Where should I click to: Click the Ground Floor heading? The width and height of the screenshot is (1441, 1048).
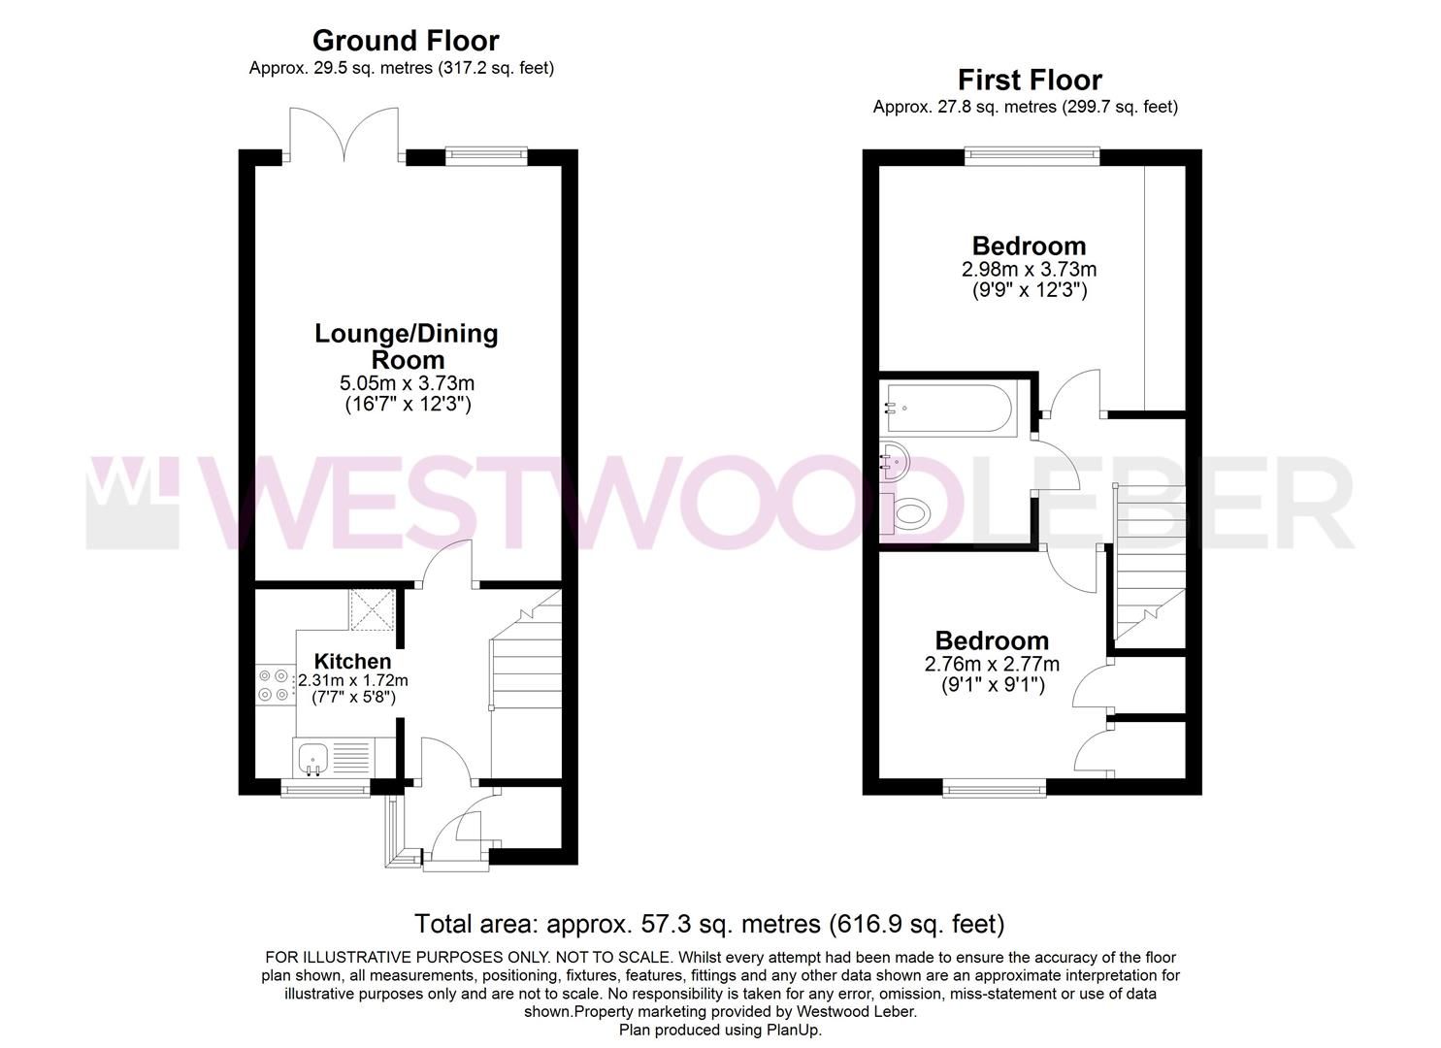[x=405, y=41]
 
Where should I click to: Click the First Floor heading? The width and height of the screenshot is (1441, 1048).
[x=1030, y=80]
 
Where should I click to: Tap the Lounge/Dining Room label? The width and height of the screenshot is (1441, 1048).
[x=407, y=345]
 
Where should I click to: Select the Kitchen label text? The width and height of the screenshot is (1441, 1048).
[x=352, y=661]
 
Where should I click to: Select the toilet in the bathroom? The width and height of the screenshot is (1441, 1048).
[x=910, y=512]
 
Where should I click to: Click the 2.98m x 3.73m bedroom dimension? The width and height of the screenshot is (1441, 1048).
[x=1029, y=269]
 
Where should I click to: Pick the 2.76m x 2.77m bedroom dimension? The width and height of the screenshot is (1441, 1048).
[x=992, y=665]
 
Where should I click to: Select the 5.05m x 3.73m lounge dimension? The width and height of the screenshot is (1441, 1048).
[x=407, y=383]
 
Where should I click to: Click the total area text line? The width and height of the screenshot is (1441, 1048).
[x=709, y=923]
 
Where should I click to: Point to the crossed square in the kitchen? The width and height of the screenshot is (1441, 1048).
[x=372, y=608]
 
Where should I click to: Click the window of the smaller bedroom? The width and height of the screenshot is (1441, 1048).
[x=994, y=788]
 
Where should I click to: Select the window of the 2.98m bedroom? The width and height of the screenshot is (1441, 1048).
[x=1032, y=156]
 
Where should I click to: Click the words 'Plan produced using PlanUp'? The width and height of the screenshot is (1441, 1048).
[x=720, y=1030]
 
